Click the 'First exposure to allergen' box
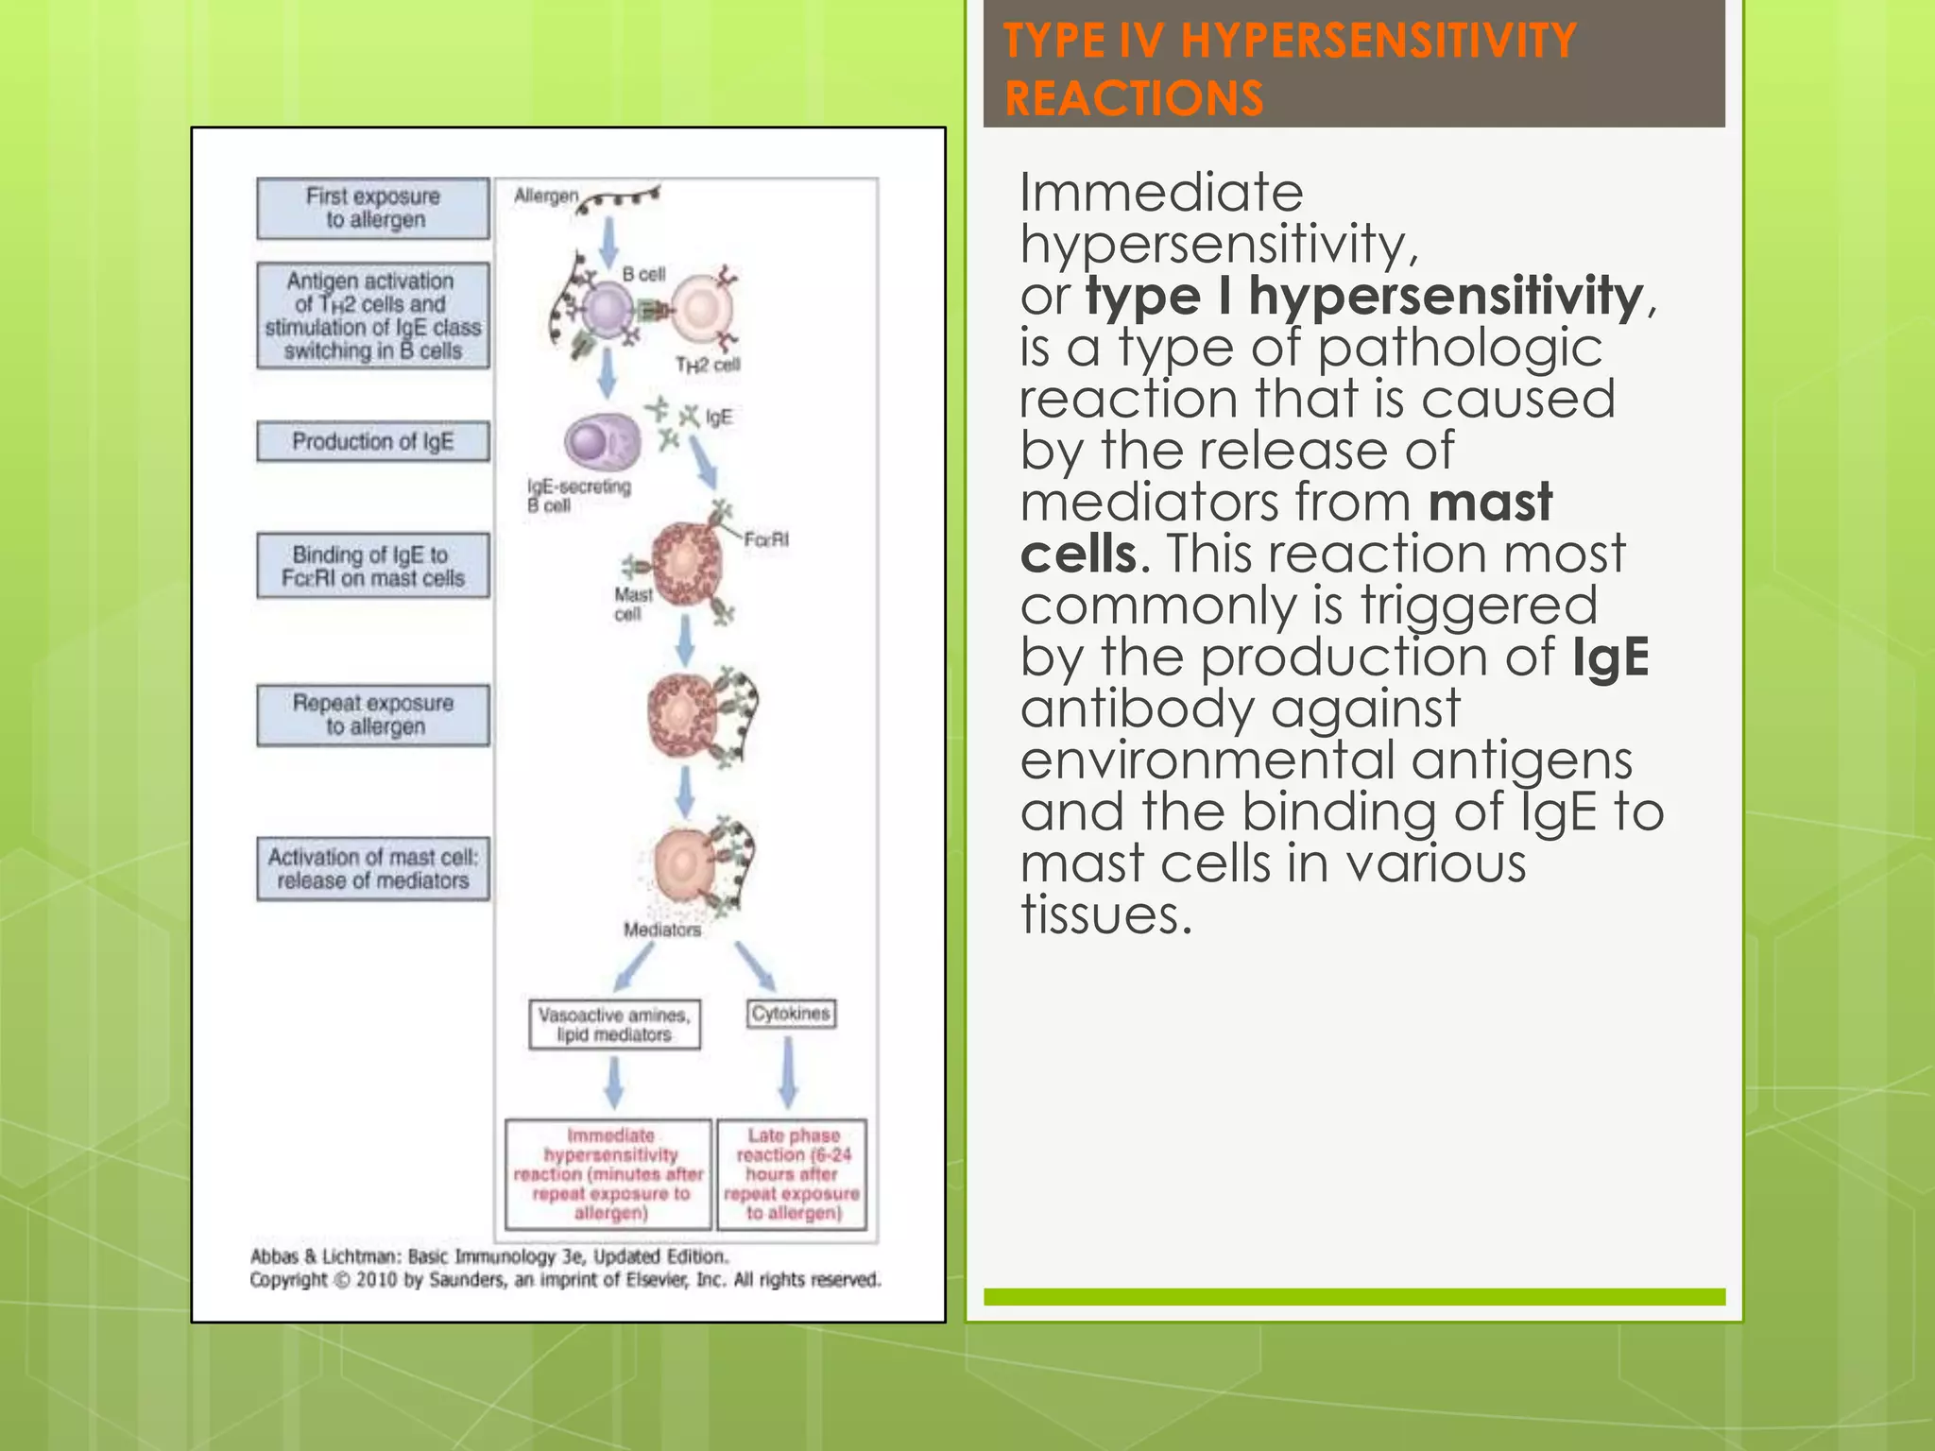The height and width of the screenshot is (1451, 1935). point(373,208)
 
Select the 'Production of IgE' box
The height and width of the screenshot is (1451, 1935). point(373,441)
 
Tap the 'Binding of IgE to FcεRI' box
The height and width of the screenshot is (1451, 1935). point(373,566)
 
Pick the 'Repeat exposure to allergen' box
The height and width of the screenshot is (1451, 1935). point(373,715)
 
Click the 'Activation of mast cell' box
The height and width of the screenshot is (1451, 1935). point(373,868)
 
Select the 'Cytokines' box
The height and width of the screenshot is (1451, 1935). point(791,1014)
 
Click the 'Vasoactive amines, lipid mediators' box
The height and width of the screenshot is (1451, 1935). point(614,1025)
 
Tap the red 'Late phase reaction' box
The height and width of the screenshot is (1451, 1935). point(792,1174)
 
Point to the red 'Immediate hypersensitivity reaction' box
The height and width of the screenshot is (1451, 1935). point(608,1174)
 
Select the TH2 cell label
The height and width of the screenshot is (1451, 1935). point(708,365)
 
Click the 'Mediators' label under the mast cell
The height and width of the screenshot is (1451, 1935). point(662,930)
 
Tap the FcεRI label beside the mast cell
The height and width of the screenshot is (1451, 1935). point(765,539)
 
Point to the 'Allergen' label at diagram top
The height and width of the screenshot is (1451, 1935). point(545,196)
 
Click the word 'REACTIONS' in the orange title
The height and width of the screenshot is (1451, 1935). point(1133,98)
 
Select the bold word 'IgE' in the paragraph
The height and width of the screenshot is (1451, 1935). point(1610,657)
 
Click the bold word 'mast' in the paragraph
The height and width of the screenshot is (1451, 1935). point(1489,502)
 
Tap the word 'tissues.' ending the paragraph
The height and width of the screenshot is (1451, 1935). point(1105,914)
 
